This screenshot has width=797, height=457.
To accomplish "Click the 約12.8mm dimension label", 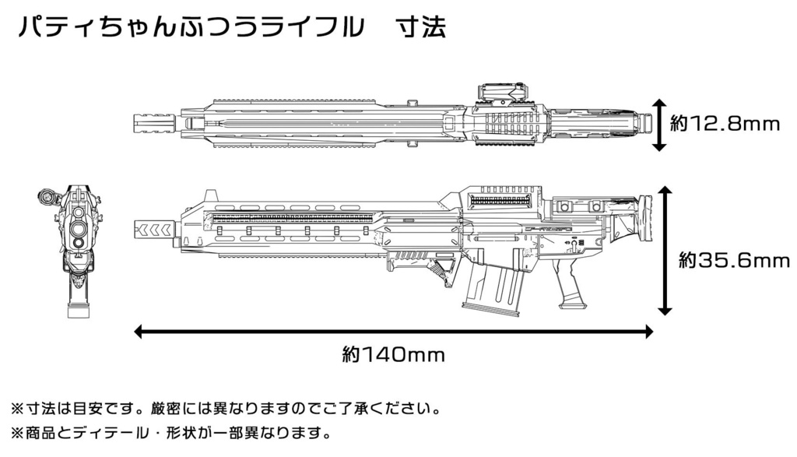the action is [725, 123].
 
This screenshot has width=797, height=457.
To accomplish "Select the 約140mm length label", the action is [393, 354].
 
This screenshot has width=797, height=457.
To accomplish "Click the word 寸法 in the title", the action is [422, 27].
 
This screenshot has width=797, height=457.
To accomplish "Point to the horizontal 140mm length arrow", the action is [393, 332].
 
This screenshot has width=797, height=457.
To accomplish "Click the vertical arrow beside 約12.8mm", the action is [658, 125].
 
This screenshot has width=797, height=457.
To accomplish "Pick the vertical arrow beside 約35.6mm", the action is [665, 251].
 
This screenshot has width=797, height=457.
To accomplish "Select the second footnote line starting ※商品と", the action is [170, 433].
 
